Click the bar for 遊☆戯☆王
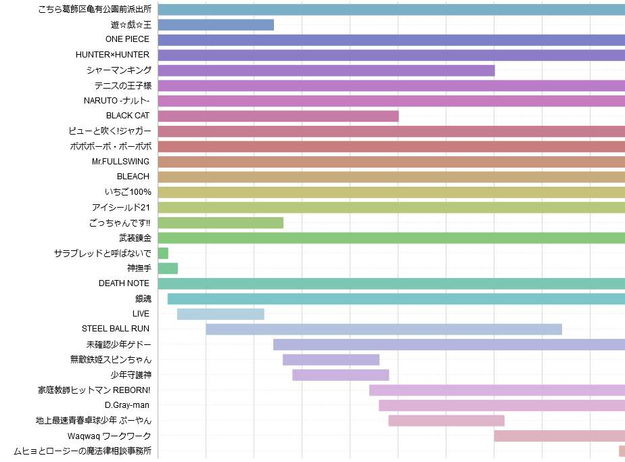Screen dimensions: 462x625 [216, 25]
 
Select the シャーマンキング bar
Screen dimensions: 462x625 [326, 70]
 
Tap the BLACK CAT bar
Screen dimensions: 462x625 [278, 116]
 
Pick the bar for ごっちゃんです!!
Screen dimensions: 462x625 [221, 223]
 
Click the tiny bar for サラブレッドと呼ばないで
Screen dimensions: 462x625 [163, 253]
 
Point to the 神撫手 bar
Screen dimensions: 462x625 [168, 269]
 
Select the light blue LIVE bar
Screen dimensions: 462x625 [221, 314]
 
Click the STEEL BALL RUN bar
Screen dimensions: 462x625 [384, 329]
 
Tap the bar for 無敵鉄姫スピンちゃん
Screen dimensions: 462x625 [331, 360]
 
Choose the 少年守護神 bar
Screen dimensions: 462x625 [340, 375]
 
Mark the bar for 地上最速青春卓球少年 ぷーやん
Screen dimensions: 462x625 [446, 421]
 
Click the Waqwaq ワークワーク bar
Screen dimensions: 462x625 [559, 436]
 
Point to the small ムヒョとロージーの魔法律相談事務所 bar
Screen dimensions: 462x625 [622, 451]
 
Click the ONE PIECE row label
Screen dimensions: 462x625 [127, 39]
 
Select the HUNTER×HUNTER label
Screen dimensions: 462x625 [112, 55]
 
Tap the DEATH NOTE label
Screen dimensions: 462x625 [124, 283]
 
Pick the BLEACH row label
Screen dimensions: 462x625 [133, 177]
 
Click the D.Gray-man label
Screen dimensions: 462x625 [127, 405]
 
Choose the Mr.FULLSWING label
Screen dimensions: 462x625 [120, 162]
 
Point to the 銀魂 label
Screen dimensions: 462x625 [143, 298]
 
